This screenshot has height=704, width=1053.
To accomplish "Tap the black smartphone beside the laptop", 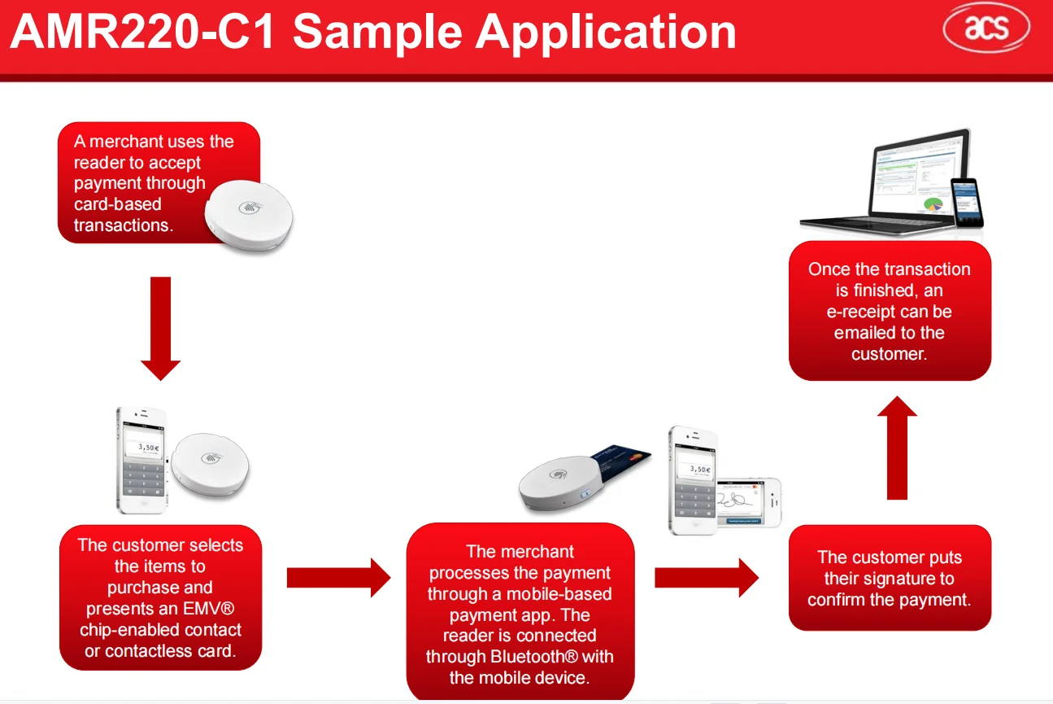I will coord(967,203).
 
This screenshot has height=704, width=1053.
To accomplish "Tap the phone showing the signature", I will coord(748,505).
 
